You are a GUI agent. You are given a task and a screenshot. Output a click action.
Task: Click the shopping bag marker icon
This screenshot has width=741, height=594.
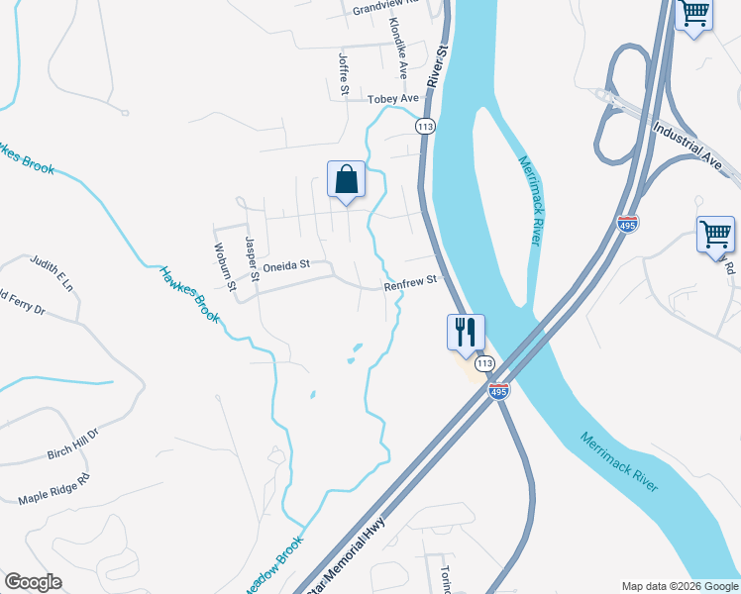346,180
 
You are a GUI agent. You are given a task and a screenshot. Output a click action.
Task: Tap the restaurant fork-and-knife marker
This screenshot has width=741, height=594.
466,332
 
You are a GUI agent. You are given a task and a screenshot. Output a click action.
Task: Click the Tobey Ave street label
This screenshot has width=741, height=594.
393,99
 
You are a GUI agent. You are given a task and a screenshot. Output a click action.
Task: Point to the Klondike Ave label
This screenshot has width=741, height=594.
399,48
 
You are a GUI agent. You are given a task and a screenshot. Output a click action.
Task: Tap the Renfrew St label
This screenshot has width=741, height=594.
410,281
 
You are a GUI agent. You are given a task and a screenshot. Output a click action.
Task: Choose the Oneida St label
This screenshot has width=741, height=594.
285,265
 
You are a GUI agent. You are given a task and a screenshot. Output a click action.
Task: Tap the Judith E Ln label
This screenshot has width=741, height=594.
52,272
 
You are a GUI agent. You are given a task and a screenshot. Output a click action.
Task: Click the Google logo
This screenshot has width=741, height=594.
33,582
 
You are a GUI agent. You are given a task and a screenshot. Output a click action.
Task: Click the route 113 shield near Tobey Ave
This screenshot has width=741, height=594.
425,127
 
